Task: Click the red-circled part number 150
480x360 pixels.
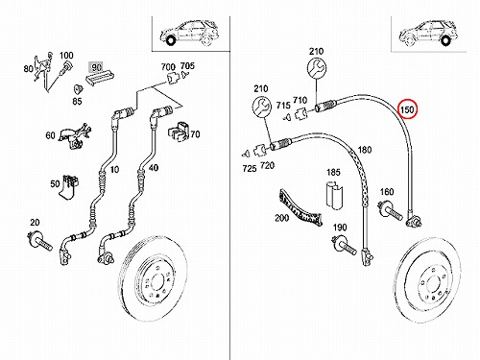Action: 407,109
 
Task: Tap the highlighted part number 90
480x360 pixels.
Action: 95,67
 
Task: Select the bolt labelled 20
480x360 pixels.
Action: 40,242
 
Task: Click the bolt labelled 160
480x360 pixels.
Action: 390,210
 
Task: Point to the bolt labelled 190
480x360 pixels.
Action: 345,246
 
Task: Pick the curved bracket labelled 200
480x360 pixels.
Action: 300,207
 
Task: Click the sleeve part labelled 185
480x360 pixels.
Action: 335,195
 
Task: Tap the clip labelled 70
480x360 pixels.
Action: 178,131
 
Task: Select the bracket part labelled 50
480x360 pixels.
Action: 69,187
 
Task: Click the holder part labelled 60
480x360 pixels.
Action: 74,135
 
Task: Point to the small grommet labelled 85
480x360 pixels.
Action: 78,89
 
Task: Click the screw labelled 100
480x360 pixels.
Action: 65,69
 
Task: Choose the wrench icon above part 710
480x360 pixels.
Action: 317,68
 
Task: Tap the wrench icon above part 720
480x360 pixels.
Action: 262,107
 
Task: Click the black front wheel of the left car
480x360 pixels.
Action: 170,40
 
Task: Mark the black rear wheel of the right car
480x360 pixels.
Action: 445,41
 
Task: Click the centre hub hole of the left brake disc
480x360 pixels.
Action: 156,282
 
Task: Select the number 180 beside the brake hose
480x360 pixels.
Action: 365,150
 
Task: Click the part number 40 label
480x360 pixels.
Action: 154,167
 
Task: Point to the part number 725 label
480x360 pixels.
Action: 250,168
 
